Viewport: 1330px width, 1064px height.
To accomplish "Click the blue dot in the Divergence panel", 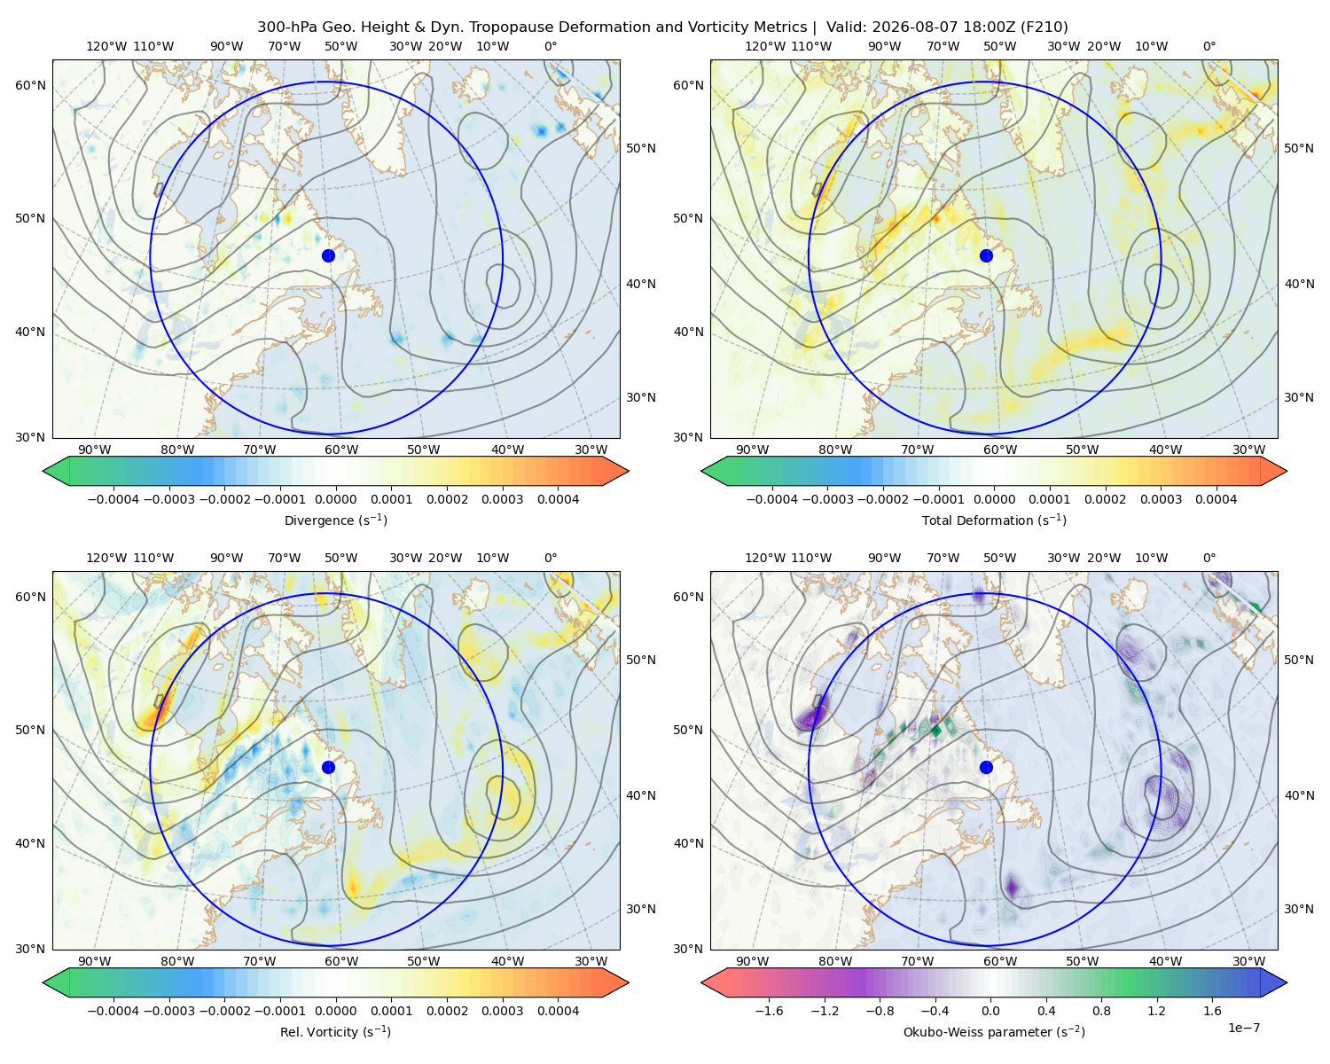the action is [328, 255].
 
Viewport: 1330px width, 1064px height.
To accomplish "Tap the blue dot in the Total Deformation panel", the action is [986, 255].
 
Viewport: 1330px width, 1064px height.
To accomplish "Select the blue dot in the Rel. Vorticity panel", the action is [328, 767].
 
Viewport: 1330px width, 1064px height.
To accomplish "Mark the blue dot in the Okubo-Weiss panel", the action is [986, 767].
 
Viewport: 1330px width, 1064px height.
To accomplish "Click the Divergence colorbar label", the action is [335, 520].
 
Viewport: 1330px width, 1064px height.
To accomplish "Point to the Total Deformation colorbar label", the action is [994, 520].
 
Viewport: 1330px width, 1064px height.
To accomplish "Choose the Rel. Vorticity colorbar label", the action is [335, 1031].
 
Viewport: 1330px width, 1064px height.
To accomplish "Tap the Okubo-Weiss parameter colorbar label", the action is [994, 1031].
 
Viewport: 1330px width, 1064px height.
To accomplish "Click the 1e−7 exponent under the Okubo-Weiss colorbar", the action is [1243, 1028].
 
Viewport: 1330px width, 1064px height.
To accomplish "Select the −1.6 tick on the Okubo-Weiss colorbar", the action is [769, 1011].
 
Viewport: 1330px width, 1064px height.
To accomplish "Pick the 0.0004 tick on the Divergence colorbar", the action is [558, 499].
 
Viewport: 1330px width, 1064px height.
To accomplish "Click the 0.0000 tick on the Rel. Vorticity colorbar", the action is [335, 1011].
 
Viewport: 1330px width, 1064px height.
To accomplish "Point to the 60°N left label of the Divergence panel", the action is [30, 85].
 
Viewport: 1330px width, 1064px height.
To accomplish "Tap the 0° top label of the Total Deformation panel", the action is [1209, 46].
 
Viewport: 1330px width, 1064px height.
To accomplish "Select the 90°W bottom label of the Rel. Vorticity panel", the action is [95, 961].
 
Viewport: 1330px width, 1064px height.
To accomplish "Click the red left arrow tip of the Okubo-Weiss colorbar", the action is [702, 982].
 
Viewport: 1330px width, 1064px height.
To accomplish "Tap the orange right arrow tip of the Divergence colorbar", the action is [628, 471].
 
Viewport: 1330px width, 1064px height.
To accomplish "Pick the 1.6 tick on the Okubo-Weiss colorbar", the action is [1213, 1011].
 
